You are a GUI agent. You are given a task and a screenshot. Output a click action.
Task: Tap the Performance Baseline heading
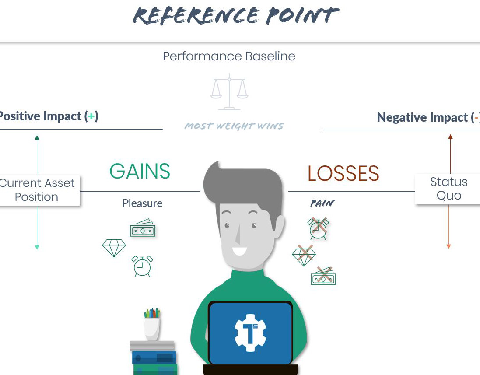229,56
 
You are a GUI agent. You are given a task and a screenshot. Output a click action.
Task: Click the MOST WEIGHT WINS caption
234,126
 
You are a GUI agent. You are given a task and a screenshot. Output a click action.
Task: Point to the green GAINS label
140,172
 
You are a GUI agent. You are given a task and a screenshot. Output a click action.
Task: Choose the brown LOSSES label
343,174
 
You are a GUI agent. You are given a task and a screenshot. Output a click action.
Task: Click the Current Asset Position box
37,190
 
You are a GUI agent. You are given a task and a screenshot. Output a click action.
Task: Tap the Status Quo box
449,189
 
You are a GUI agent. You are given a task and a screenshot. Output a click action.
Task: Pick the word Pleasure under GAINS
142,203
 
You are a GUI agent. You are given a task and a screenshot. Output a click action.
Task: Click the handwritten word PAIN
322,203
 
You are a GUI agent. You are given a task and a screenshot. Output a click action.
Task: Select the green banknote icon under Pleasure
143,229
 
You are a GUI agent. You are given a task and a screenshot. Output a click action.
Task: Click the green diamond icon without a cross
114,248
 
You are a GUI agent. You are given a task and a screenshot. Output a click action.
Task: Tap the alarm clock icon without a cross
142,266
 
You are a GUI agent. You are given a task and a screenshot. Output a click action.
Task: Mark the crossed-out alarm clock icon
318,228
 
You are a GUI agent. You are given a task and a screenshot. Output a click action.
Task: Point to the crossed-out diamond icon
304,256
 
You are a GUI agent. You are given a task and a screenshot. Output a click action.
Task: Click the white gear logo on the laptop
250,333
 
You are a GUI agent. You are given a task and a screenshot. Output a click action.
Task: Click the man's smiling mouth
239,251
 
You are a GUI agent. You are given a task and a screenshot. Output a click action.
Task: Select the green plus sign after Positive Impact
91,116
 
